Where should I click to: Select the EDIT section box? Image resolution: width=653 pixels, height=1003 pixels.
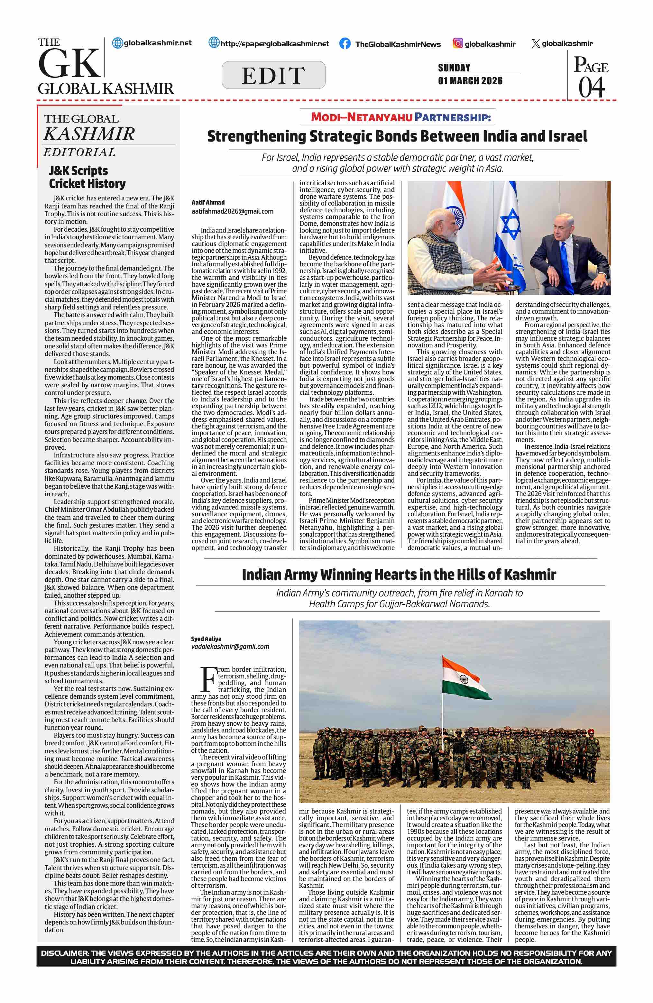pyautogui.click(x=273, y=75)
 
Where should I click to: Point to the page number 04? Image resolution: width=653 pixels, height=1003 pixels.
pyautogui.click(x=592, y=87)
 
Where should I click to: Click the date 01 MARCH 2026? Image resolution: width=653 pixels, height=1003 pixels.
pyautogui.click(x=470, y=80)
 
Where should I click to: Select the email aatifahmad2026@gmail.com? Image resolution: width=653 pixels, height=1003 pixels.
pyautogui.click(x=233, y=211)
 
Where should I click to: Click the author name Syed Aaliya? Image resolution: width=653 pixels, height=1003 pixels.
pyautogui.click(x=206, y=639)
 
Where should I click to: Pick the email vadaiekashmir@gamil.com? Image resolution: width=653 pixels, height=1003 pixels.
pyautogui.click(x=230, y=647)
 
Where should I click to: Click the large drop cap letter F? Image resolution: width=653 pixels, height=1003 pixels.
pyautogui.click(x=208, y=679)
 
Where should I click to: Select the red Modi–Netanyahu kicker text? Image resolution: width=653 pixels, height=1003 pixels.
pyautogui.click(x=362, y=117)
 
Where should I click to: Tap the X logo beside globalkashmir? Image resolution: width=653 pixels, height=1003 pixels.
pyautogui.click(x=536, y=43)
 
